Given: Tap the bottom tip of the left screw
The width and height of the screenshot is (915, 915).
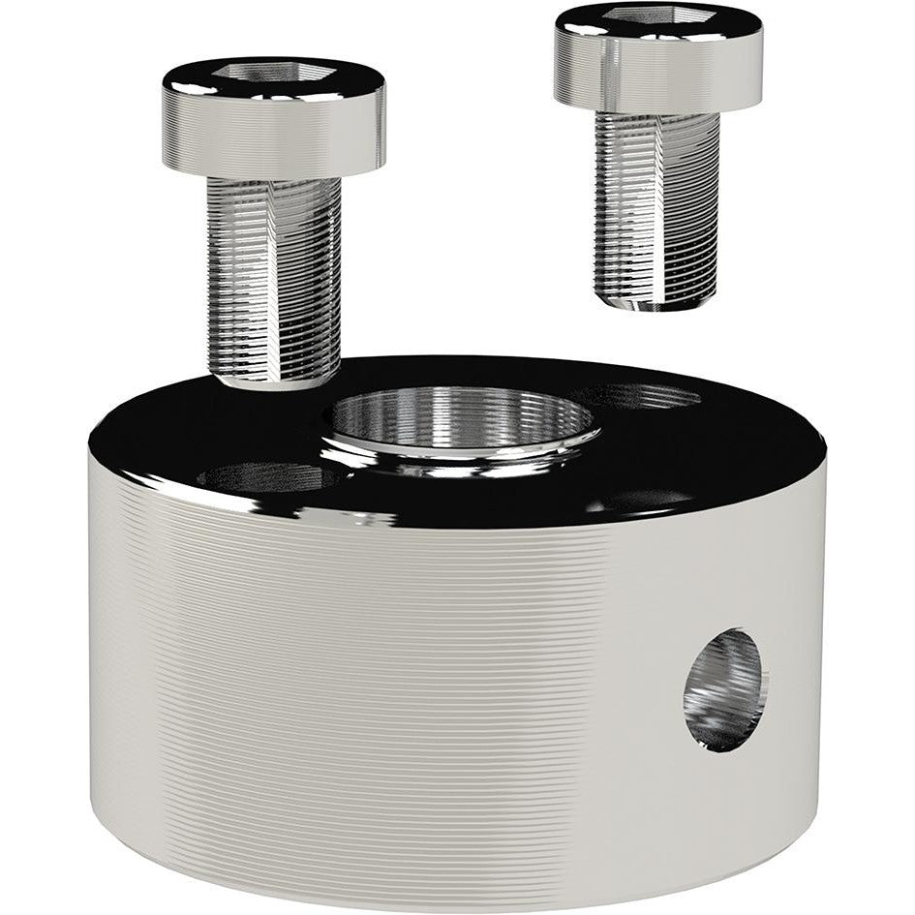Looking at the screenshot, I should click(x=273, y=381).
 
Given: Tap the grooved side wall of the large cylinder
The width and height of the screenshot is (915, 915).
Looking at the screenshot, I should click(x=387, y=678).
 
